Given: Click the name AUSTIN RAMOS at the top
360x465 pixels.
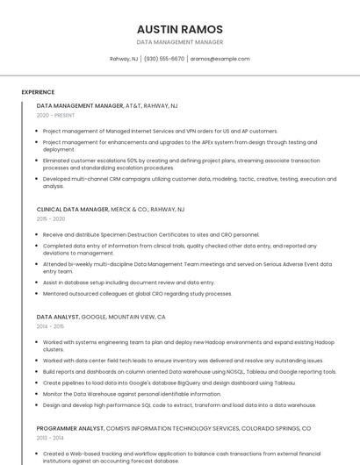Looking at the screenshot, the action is [180, 29].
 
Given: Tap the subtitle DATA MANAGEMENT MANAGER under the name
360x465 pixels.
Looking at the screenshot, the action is [180, 42].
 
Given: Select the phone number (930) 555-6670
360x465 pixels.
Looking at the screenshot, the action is [164, 59].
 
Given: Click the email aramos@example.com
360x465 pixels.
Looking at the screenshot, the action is [220, 59].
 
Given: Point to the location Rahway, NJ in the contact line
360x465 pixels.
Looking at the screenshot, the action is [124, 59].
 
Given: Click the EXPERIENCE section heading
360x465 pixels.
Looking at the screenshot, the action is [38, 92].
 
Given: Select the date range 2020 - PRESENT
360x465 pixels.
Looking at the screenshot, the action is [55, 115].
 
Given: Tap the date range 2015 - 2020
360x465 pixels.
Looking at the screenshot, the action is [51, 219].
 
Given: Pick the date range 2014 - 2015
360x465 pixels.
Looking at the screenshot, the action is [51, 325].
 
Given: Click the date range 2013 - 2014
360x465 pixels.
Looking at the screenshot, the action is [51, 437].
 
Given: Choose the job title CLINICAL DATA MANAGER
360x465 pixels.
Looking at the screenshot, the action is [73, 210].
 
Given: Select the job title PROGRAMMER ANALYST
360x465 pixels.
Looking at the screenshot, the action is [69, 428].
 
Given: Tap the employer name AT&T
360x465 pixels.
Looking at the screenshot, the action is [133, 105].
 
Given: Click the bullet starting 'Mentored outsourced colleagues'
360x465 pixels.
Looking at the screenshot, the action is [137, 294].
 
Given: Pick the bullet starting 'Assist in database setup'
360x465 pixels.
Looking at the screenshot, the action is [128, 283].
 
